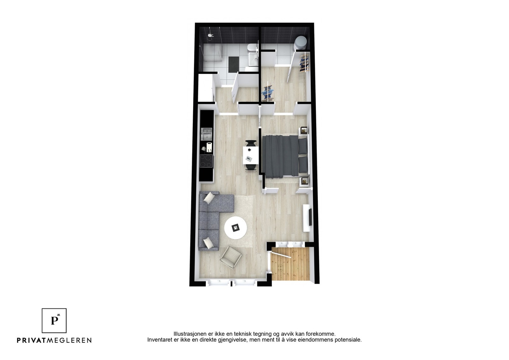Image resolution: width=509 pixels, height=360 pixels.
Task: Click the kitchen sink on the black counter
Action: coord(206,134)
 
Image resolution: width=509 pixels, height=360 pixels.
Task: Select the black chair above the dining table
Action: coord(251,144)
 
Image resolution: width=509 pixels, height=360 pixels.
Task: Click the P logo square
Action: coord(54,321)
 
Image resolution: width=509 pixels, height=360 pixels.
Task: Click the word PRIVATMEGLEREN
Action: coord(54,340)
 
